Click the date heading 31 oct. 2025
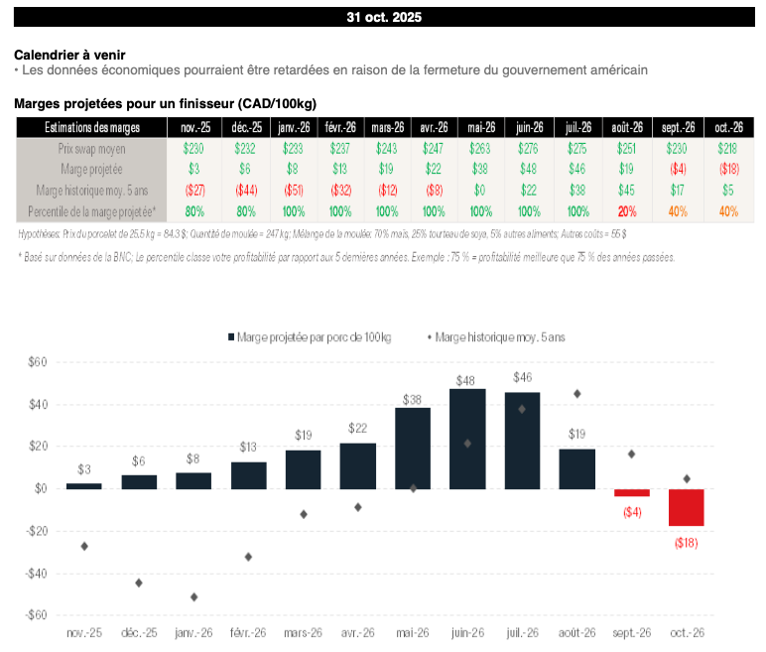point(382,18)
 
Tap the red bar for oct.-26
point(686,507)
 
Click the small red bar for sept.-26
point(631,492)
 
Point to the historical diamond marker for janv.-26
point(193,596)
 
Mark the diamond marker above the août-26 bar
point(576,394)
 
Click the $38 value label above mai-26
point(413,399)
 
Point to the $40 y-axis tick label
point(36,405)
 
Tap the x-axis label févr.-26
point(248,633)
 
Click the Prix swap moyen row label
point(89,148)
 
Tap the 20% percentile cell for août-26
point(627,211)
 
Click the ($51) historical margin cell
point(291,191)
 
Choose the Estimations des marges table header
point(91,128)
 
